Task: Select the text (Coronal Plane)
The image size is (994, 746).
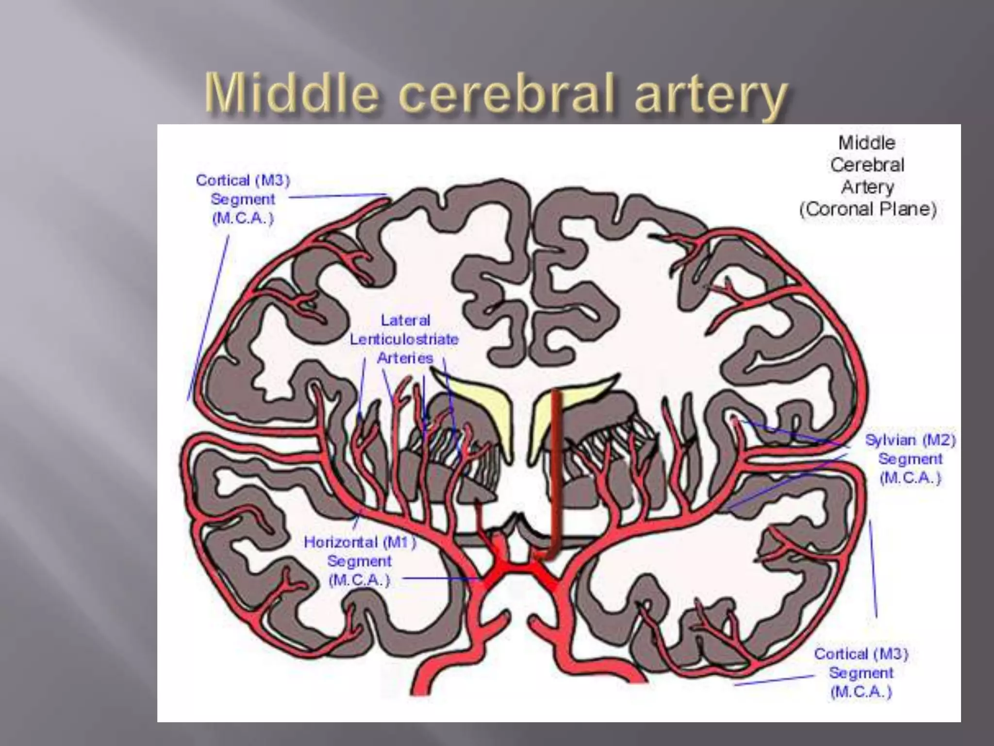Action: (867, 209)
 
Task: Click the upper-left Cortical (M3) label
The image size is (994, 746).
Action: (243, 181)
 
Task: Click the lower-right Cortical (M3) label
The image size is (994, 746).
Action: (861, 654)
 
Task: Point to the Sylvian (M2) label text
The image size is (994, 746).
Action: (910, 441)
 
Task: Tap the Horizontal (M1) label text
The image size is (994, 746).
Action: (360, 543)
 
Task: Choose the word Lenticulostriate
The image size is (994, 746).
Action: (404, 339)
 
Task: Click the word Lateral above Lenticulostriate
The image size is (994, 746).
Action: (405, 321)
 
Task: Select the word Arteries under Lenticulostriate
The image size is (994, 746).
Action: (405, 358)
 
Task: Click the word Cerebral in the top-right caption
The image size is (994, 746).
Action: (867, 165)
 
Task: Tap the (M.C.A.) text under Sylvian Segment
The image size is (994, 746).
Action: (910, 478)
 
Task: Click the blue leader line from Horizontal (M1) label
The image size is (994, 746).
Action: (442, 578)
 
